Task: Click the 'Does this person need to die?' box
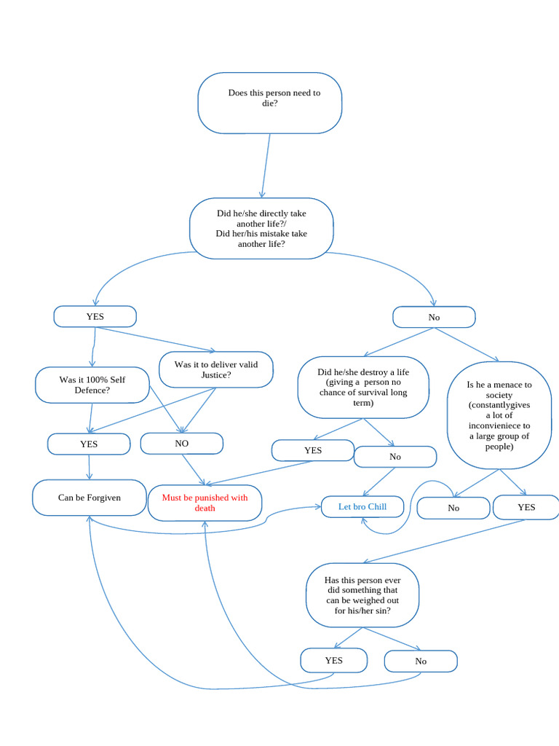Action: click(269, 103)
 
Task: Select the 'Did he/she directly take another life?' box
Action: click(261, 228)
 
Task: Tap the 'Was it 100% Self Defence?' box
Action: click(91, 385)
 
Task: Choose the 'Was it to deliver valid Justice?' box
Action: click(216, 369)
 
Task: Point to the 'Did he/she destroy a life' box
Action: click(363, 387)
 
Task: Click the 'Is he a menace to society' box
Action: click(499, 415)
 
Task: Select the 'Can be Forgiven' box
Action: click(90, 498)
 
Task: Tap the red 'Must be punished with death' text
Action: click(205, 503)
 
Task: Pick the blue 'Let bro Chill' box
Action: click(362, 506)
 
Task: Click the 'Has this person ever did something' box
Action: click(362, 595)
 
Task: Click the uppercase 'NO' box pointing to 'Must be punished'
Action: click(181, 443)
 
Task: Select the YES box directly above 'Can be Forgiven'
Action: click(89, 444)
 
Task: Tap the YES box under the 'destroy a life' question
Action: click(313, 450)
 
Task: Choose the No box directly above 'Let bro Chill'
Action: click(395, 457)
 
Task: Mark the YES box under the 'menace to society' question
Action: click(526, 507)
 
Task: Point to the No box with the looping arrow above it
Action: click(453, 508)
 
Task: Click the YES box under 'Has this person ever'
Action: click(333, 660)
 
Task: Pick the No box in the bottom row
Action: click(421, 661)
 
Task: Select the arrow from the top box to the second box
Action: click(266, 165)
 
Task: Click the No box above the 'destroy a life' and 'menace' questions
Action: click(434, 317)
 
